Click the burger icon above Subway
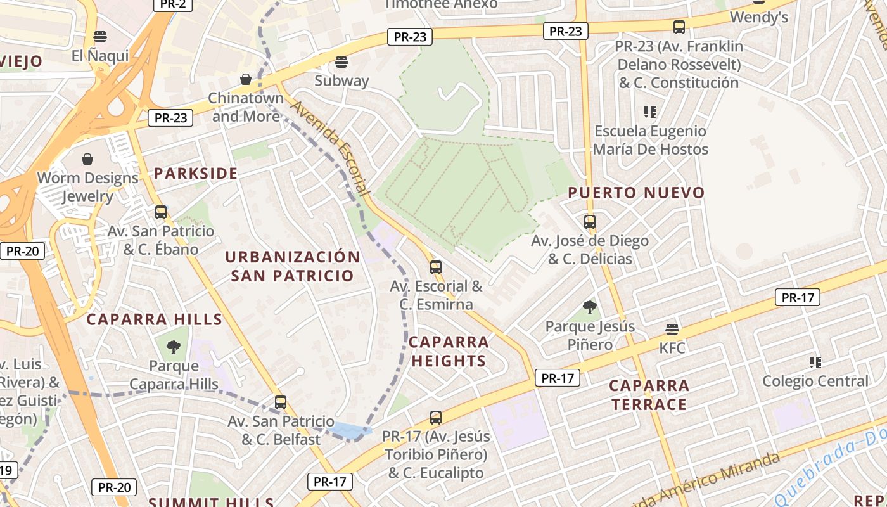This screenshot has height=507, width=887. pyautogui.click(x=341, y=62)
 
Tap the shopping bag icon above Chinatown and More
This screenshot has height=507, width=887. pyautogui.click(x=246, y=79)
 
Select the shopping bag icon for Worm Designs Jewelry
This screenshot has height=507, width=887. pyautogui.click(x=87, y=159)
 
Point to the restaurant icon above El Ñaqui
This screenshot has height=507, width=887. pyautogui.click(x=99, y=37)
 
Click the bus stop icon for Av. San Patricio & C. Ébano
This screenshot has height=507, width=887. pyautogui.click(x=161, y=212)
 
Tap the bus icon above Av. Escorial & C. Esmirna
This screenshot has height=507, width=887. pyautogui.click(x=435, y=267)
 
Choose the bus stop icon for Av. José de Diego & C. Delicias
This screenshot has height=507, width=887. pyautogui.click(x=590, y=222)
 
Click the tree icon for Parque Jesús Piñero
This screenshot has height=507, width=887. pyautogui.click(x=590, y=307)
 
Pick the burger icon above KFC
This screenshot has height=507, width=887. pyautogui.click(x=672, y=330)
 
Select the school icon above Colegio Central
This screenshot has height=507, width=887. pyautogui.click(x=815, y=363)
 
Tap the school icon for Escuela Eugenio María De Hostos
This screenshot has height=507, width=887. pyautogui.click(x=649, y=112)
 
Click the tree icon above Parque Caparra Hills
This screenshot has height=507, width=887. pyautogui.click(x=174, y=347)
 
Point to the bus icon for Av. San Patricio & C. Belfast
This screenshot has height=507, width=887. pyautogui.click(x=281, y=402)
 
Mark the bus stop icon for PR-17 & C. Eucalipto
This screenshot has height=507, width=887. pyautogui.click(x=435, y=418)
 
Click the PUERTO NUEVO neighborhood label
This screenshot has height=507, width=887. pyautogui.click(x=636, y=193)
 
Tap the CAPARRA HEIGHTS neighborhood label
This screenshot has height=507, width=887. pyautogui.click(x=449, y=352)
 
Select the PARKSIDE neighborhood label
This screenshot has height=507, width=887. pyautogui.click(x=196, y=174)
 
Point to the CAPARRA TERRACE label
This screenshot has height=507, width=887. pyautogui.click(x=649, y=395)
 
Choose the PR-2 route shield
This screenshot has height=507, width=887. pyautogui.click(x=172, y=4)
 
